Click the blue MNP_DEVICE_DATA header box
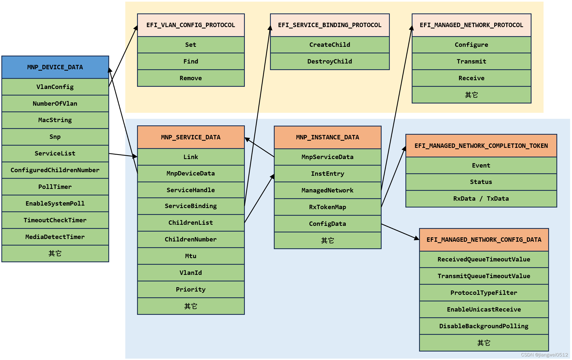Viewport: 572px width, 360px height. pos(55,67)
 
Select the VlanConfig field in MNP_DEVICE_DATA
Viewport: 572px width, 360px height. pos(55,87)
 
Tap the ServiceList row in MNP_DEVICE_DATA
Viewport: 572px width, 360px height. pos(55,154)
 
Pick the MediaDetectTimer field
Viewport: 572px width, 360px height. pos(55,237)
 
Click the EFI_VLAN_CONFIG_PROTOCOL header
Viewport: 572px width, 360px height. pos(191,25)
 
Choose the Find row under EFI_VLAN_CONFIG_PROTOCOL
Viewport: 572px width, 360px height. pos(191,62)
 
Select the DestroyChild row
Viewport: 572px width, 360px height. pos(330,62)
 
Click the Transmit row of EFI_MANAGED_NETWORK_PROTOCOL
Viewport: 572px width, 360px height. pos(471,62)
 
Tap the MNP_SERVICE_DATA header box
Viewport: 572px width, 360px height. pos(191,137)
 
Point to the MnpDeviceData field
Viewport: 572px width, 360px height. pos(191,174)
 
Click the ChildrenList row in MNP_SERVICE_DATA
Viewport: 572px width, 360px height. pos(191,223)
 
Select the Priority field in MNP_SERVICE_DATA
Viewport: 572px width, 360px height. pos(191,290)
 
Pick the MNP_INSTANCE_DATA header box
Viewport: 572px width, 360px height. pos(327,137)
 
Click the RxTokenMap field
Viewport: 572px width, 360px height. pos(327,207)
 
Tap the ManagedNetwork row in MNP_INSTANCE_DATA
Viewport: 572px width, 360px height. pos(327,191)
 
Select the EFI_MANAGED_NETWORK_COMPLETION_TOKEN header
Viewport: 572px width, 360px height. pos(481,146)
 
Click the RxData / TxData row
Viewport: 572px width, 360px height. pos(481,199)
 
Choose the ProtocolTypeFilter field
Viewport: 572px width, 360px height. pos(484,293)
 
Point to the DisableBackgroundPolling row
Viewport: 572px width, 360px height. pos(484,326)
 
